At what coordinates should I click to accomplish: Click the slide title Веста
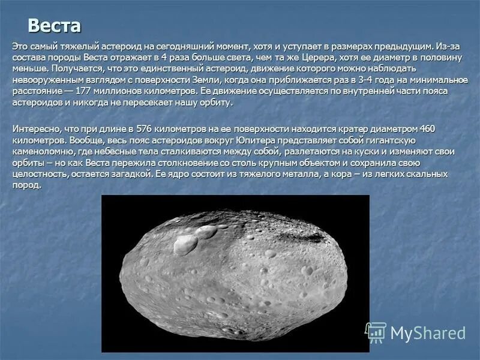(54, 26)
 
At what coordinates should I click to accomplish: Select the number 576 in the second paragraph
(144, 128)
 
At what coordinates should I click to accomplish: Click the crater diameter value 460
(427, 128)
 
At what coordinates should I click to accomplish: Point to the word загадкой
(134, 174)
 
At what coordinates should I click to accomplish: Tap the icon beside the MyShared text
(376, 332)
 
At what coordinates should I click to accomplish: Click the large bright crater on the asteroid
(187, 243)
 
